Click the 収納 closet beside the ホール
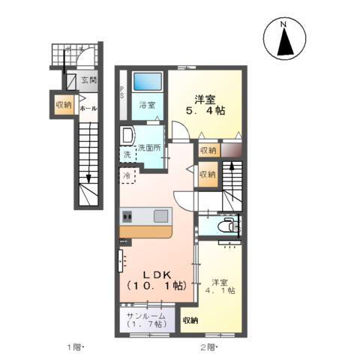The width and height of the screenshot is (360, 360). tap(63, 105)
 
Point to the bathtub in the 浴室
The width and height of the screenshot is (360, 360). tap(147, 82)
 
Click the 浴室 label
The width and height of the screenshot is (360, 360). tap(147, 105)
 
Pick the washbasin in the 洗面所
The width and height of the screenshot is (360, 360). tap(127, 136)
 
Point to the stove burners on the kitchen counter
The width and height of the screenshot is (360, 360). tap(127, 217)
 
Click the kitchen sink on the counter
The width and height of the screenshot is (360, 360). tap(161, 216)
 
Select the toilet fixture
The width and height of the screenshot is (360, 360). tap(226, 226)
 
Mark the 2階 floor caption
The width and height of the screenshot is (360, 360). tap(208, 346)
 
